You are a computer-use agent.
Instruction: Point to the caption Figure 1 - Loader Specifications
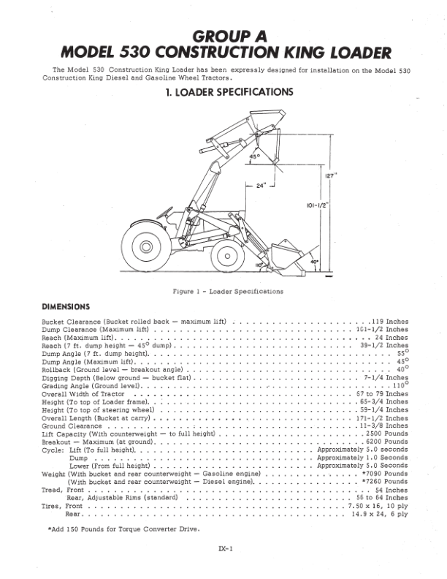[227, 292]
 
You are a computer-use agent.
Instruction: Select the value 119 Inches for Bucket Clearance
[386, 321]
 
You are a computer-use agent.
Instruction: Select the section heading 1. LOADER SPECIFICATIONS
[224, 92]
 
